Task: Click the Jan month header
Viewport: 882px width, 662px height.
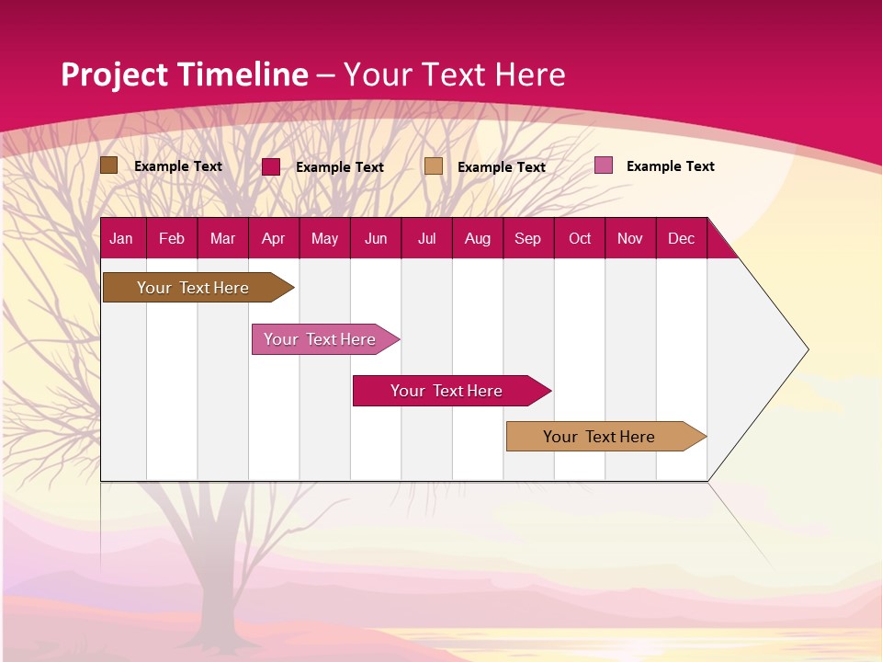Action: coord(121,238)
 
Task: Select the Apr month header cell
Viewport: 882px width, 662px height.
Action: coord(273,238)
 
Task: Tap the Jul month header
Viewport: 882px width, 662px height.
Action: coord(426,238)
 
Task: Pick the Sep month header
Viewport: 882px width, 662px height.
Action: coord(527,238)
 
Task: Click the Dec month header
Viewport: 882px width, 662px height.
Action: coord(681,238)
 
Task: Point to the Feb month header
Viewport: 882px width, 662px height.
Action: coord(172,238)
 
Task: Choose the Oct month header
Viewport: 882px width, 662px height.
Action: coord(580,238)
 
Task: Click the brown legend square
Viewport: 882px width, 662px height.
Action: coord(108,165)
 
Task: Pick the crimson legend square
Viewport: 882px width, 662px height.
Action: coord(271,166)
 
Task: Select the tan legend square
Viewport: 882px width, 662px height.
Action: coord(434,166)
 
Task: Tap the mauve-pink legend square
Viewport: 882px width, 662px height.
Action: coord(604,165)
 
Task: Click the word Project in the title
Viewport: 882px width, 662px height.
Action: coord(115,74)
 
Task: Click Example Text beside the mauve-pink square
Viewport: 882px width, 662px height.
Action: coord(670,166)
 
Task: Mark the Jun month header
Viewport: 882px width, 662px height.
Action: coord(376,238)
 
